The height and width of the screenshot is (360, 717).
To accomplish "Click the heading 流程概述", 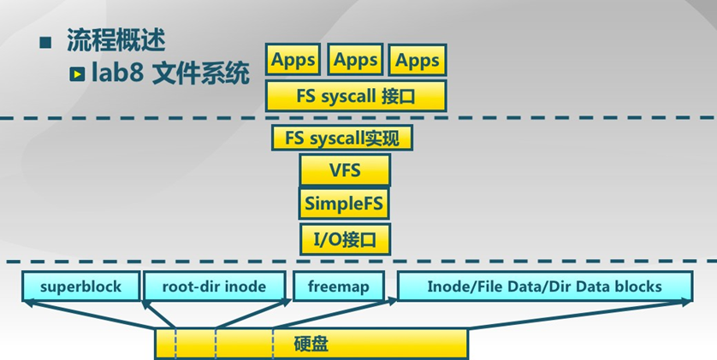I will point(116,41).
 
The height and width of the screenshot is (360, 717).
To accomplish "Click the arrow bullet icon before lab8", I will point(77,75).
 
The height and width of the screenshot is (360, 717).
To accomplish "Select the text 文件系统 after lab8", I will point(200,74).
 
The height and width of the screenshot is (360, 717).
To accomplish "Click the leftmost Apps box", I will point(293,61).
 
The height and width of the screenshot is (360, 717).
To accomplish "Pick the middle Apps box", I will point(355,61).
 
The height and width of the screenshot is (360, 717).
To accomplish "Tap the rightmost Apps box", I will point(418,61).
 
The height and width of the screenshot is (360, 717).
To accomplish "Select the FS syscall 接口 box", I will point(356,96).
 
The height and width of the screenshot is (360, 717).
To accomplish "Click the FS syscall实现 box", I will point(342,137).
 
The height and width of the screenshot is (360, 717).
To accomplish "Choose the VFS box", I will point(345,170).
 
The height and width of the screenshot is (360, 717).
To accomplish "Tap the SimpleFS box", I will point(345,204).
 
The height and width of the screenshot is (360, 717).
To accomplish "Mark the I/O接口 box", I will point(345,238).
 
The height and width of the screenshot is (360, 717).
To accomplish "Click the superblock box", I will point(80,286).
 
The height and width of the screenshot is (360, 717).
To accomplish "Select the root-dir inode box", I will point(214,286).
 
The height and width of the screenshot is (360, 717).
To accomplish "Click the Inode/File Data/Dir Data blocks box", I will point(544,286).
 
